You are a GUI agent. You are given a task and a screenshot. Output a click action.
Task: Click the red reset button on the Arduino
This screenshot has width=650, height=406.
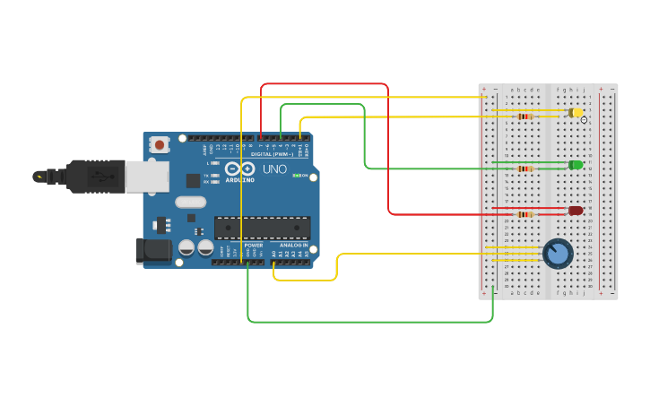160,143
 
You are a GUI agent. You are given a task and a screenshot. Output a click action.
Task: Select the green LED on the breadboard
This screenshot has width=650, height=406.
576,165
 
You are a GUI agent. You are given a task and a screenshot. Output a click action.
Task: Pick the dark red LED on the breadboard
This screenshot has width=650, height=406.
576,211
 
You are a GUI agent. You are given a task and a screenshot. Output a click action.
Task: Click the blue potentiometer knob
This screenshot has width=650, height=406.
558,254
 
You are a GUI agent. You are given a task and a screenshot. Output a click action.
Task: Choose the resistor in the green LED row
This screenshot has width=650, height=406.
524,168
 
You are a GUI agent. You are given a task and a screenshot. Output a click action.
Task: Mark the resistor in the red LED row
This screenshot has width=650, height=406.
524,214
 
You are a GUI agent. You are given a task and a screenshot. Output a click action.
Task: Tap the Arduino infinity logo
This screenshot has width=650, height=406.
239,168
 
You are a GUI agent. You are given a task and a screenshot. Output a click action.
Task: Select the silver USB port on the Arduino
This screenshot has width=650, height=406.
146,177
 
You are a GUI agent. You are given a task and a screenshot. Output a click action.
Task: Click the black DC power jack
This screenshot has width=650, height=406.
152,251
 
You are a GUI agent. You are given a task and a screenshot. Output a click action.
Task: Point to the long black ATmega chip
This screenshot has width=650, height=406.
262,228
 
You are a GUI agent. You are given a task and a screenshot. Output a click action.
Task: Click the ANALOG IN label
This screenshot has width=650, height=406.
293,245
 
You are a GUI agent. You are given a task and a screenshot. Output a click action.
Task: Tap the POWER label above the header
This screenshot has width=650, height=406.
254,245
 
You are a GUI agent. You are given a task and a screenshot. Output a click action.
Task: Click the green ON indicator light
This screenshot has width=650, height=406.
297,176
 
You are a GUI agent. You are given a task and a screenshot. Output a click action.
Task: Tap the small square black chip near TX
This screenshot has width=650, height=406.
193,180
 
